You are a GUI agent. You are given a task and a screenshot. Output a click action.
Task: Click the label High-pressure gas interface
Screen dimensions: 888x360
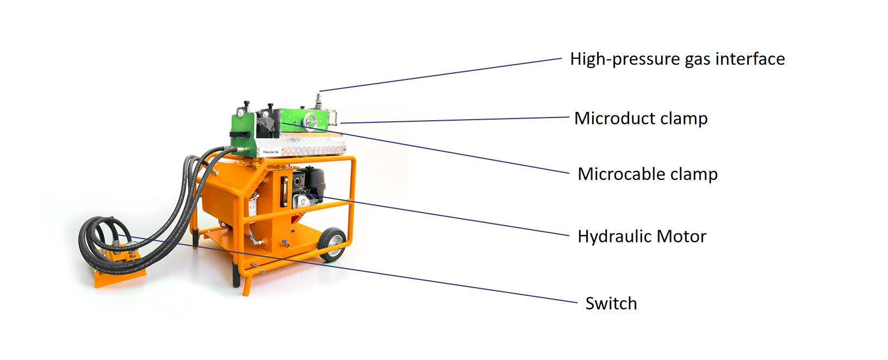coord(678,59)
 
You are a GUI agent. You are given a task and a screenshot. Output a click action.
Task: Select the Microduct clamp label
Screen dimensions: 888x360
coord(641,118)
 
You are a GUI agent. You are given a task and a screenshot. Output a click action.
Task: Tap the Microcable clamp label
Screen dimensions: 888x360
coord(648,174)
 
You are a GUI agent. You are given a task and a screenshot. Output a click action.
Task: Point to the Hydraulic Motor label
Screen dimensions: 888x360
coord(642,237)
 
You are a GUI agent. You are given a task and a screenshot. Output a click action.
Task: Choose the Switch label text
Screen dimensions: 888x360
coord(611,303)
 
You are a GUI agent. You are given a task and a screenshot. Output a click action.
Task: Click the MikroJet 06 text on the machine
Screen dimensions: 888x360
coord(271,152)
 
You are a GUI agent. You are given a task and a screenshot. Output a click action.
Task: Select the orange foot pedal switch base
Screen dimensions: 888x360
coord(119,270)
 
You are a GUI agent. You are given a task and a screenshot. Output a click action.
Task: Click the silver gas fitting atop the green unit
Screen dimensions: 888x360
coord(318,101)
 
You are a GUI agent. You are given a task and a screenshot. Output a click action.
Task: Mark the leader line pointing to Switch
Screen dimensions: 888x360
coord(347,269)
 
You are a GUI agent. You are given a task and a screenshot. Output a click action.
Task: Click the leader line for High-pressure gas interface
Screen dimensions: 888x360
coord(440,75)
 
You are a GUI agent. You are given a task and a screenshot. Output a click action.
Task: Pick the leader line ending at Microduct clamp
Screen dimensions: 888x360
coord(455,120)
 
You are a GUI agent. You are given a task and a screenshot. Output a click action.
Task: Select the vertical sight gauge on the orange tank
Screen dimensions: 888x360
coord(284,192)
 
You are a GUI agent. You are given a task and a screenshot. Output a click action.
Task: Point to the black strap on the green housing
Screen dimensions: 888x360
coord(240,134)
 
